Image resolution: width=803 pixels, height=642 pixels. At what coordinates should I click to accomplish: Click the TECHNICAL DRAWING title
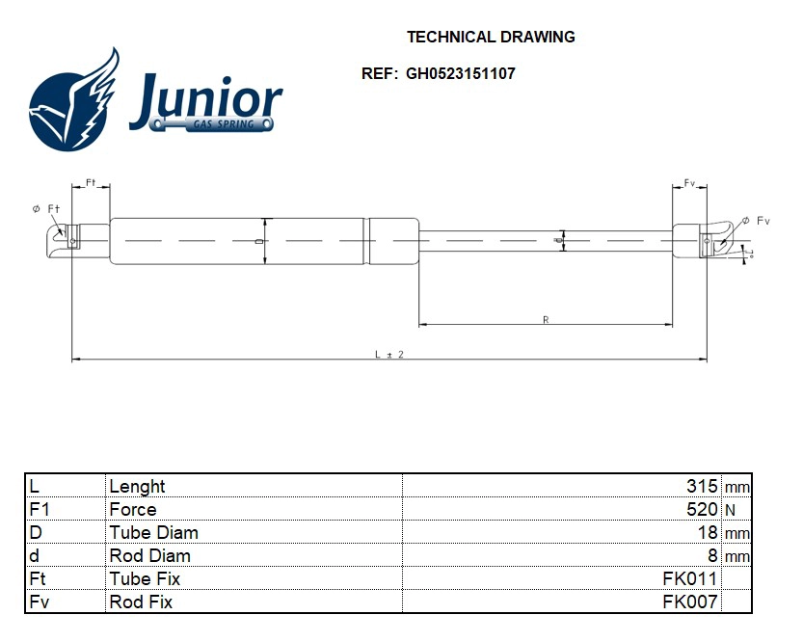491,38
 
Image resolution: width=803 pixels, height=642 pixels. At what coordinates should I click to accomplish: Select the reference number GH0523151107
460,73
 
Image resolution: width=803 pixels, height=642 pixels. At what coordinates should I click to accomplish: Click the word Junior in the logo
205,99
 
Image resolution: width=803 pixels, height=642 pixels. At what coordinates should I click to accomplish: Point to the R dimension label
546,318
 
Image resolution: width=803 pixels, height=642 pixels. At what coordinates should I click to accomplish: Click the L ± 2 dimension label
388,354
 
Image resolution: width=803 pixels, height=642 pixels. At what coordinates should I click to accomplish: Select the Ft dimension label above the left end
91,182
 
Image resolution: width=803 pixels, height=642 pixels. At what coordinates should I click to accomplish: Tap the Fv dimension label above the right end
689,182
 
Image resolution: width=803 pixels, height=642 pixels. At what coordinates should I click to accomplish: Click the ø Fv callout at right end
757,221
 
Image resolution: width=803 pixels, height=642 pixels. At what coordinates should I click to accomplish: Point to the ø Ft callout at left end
46,208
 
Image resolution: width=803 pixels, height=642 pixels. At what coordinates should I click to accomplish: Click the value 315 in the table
702,486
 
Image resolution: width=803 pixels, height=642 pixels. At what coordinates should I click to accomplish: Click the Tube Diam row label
153,532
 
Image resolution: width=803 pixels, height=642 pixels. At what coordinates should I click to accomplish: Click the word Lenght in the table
137,486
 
